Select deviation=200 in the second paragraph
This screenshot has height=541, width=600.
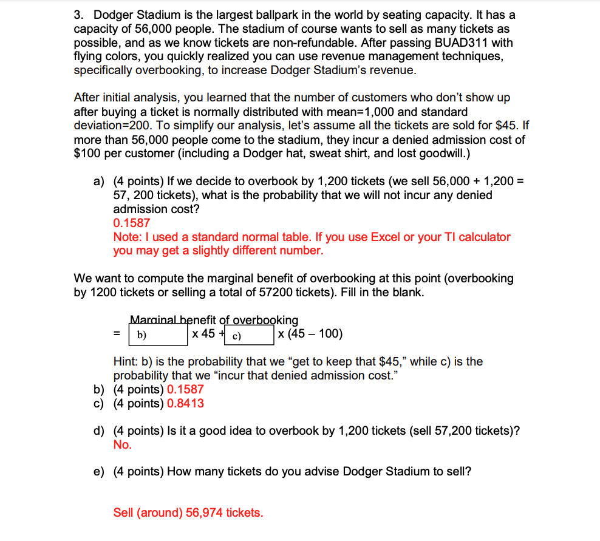[x=111, y=126]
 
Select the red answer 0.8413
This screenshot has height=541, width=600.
[x=185, y=403]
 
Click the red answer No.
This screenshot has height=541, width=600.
[x=122, y=444]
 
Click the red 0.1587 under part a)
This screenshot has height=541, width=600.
[x=131, y=223]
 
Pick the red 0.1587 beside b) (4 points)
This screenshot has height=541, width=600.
[x=185, y=389]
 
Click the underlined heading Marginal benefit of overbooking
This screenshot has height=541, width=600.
[x=214, y=319]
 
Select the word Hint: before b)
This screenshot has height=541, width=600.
[x=126, y=362]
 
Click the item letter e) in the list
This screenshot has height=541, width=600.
[x=98, y=472]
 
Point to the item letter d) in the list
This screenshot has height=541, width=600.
[x=98, y=430]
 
